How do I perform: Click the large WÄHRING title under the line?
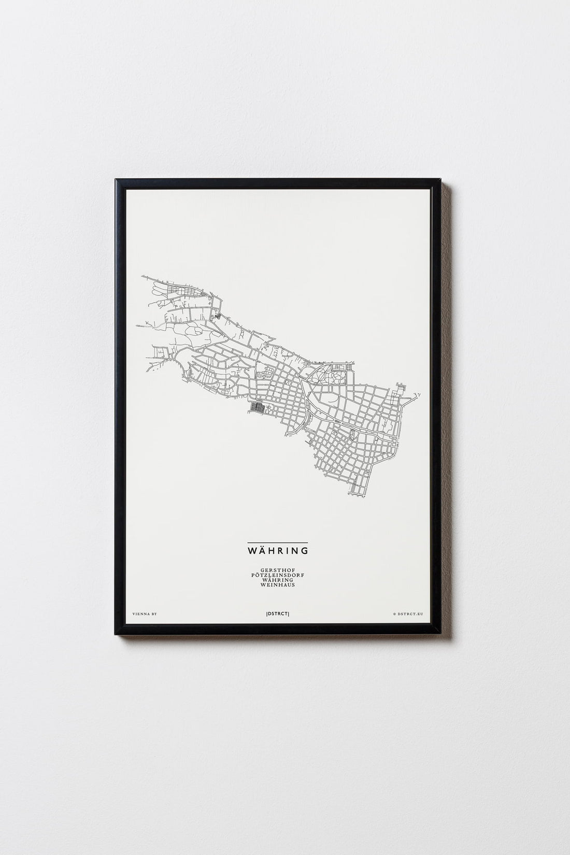point(285,549)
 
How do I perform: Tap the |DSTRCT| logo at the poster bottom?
point(284,614)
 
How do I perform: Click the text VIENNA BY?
point(145,614)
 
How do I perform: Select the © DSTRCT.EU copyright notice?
point(408,614)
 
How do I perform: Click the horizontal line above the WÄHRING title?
point(285,541)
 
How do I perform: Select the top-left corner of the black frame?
point(117,179)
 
